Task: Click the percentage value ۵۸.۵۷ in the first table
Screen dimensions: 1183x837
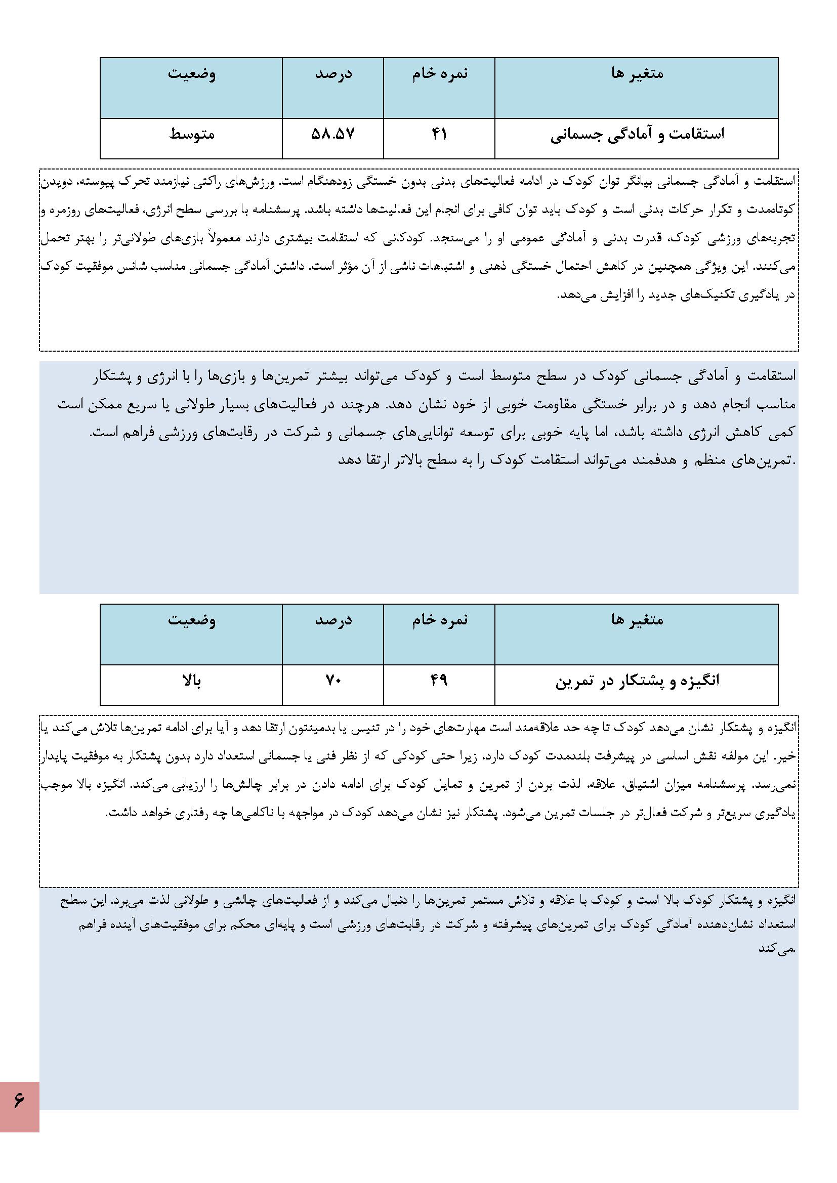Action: pyautogui.click(x=333, y=135)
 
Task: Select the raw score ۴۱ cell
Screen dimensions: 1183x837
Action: pyautogui.click(x=439, y=135)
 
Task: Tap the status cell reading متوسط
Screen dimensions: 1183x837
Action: pyautogui.click(x=191, y=135)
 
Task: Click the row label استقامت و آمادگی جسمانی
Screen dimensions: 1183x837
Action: pyautogui.click(x=637, y=135)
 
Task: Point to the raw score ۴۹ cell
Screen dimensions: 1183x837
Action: pyautogui.click(x=439, y=681)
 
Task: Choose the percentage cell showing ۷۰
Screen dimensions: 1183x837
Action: pyautogui.click(x=333, y=681)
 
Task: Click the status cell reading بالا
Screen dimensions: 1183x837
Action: pyautogui.click(x=191, y=681)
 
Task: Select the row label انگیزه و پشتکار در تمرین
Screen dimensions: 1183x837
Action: pyautogui.click(x=637, y=681)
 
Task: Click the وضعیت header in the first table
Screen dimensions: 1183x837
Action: pyautogui.click(x=191, y=74)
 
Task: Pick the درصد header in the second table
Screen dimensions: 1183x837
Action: pyautogui.click(x=333, y=619)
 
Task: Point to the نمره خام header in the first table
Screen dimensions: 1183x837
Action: pyautogui.click(x=439, y=74)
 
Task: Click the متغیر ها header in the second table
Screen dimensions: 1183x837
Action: pyautogui.click(x=637, y=619)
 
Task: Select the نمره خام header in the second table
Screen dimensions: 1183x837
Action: pyautogui.click(x=439, y=619)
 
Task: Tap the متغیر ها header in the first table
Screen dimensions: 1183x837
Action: pyautogui.click(x=637, y=74)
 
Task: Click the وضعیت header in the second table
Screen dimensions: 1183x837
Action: pyautogui.click(x=191, y=619)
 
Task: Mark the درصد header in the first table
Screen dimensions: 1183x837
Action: pyautogui.click(x=333, y=74)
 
